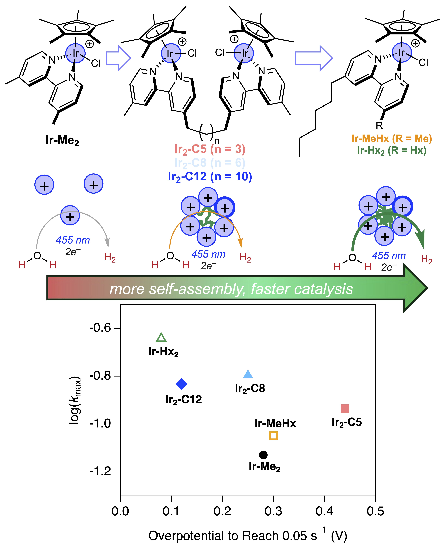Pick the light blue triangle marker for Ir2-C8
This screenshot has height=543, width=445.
tap(248, 375)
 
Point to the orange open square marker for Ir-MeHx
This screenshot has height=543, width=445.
tap(274, 436)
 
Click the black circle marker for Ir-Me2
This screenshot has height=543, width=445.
tap(263, 455)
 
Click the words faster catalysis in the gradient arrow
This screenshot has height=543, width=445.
tap(302, 289)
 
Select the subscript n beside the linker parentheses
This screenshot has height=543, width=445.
tap(217, 141)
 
